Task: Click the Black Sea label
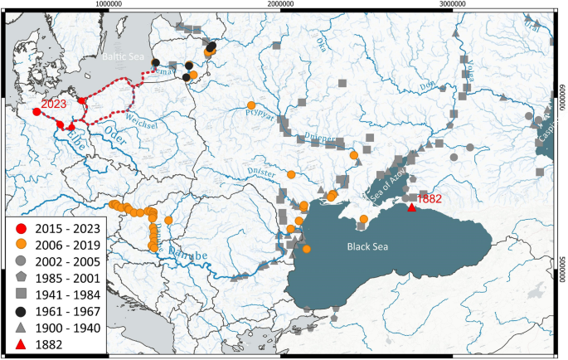click(367, 246)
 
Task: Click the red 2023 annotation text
click(54, 104)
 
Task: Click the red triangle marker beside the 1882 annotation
click(412, 207)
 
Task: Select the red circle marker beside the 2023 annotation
click(36, 112)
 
